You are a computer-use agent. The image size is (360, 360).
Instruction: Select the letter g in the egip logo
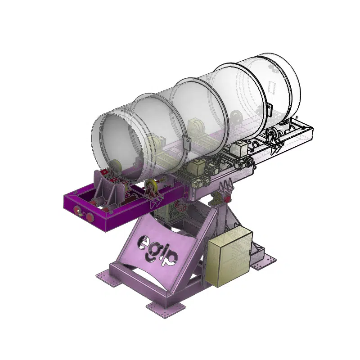pos(153,252)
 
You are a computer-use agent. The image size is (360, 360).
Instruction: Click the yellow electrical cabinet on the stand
pos(229,256)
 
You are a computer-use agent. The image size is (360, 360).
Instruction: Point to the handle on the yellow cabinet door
pos(250,252)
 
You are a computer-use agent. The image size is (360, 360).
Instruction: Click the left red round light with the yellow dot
pos(76,209)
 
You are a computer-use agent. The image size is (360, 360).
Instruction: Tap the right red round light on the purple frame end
pos(90,216)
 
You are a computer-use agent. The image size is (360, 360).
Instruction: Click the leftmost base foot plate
pos(108,279)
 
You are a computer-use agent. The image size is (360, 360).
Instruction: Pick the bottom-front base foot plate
pos(166,309)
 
